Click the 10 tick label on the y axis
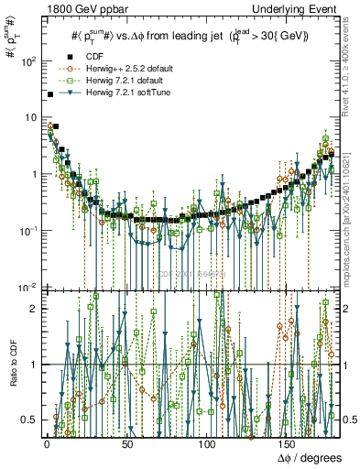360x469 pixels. (28, 118)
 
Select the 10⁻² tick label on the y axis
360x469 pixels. (26, 287)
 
